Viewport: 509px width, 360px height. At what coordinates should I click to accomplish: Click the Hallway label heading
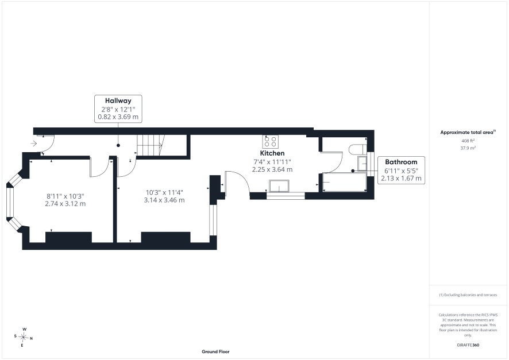tap(118, 100)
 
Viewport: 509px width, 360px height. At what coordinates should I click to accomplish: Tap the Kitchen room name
tap(272, 153)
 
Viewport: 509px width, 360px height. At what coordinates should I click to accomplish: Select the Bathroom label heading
tap(401, 162)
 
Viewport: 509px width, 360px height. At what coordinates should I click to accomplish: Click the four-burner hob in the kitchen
tap(271, 142)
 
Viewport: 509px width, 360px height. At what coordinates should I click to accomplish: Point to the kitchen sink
tap(279, 186)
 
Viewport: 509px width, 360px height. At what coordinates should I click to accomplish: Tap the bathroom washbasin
tap(362, 164)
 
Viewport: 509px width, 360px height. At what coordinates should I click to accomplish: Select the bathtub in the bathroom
tap(345, 182)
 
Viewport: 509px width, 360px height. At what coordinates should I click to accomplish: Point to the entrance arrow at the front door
tap(34, 144)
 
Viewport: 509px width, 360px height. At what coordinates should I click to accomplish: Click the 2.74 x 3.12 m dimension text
tap(65, 204)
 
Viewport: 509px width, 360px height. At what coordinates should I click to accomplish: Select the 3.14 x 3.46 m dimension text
tap(164, 200)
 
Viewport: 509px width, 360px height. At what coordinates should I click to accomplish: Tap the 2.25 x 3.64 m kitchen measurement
tap(272, 169)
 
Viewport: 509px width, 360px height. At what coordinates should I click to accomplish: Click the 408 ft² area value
tap(468, 141)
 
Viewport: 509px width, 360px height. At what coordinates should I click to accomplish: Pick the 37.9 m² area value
tap(468, 148)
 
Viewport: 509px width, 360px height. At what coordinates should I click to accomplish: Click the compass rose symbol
tap(24, 338)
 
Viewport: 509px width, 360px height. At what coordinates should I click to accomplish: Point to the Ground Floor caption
tap(215, 351)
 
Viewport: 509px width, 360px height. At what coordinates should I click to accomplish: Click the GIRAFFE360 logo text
tap(468, 344)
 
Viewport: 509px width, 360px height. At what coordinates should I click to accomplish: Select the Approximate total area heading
tap(468, 132)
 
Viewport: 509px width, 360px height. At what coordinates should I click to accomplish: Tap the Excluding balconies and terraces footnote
tap(468, 295)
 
